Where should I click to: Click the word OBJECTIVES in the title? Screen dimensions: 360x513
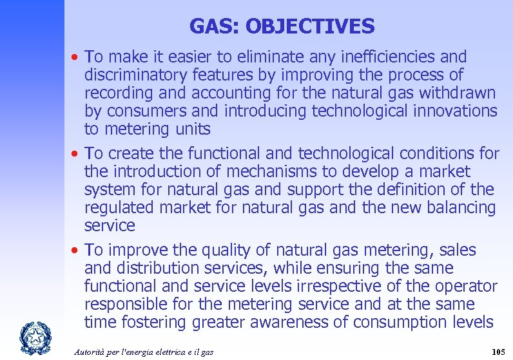coord(309,26)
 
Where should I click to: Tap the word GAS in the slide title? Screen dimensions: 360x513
coord(214,26)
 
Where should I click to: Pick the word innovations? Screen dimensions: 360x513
coord(455,111)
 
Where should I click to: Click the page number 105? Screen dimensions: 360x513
coord(497,352)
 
